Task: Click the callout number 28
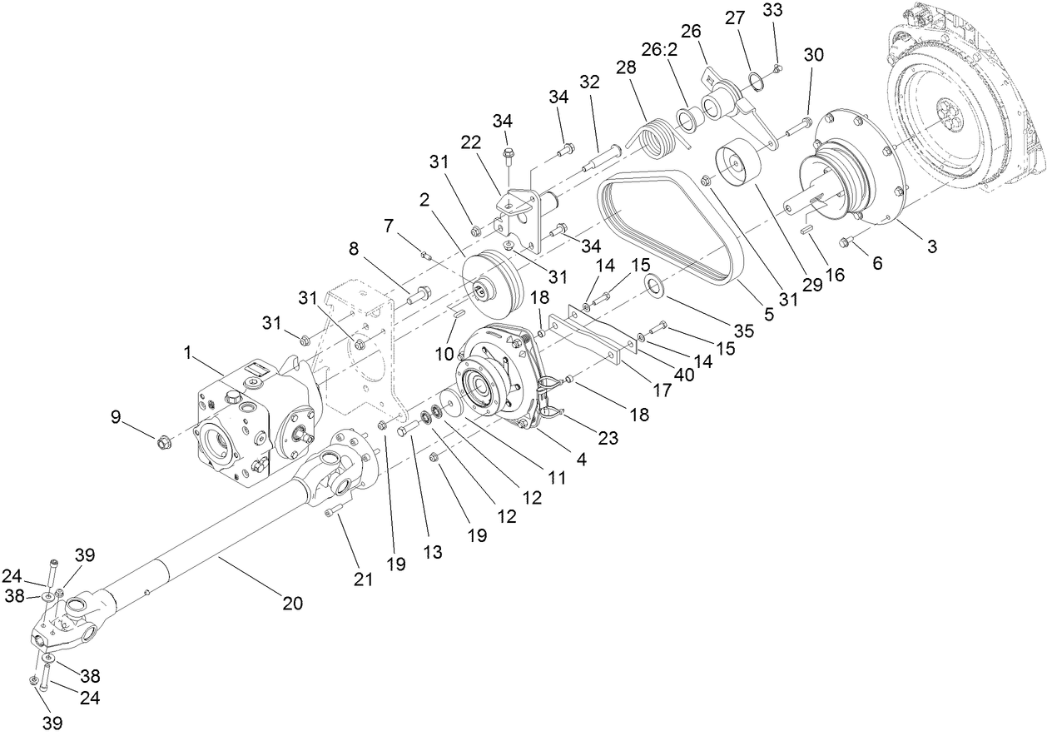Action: click(x=626, y=67)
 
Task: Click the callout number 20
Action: click(x=292, y=603)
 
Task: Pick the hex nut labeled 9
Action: click(x=163, y=438)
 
